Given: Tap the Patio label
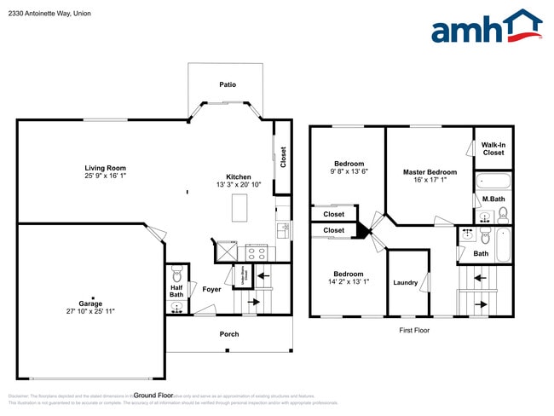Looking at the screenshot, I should [x=228, y=84].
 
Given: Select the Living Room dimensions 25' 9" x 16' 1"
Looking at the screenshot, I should [x=105, y=176].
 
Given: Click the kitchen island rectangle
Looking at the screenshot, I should [x=239, y=207].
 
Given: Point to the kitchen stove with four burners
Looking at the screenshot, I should [x=257, y=251].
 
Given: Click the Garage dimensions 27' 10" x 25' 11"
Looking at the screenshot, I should [x=90, y=311].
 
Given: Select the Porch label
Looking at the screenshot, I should [x=229, y=333].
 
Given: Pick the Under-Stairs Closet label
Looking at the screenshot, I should [x=243, y=274].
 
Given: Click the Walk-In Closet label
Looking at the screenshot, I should [x=493, y=148].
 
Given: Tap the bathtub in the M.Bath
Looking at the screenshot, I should [x=493, y=181].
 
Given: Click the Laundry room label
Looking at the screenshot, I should [x=405, y=282].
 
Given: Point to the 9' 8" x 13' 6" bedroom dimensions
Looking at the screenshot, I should [x=349, y=171].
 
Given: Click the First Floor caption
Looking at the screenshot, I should [x=414, y=329].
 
